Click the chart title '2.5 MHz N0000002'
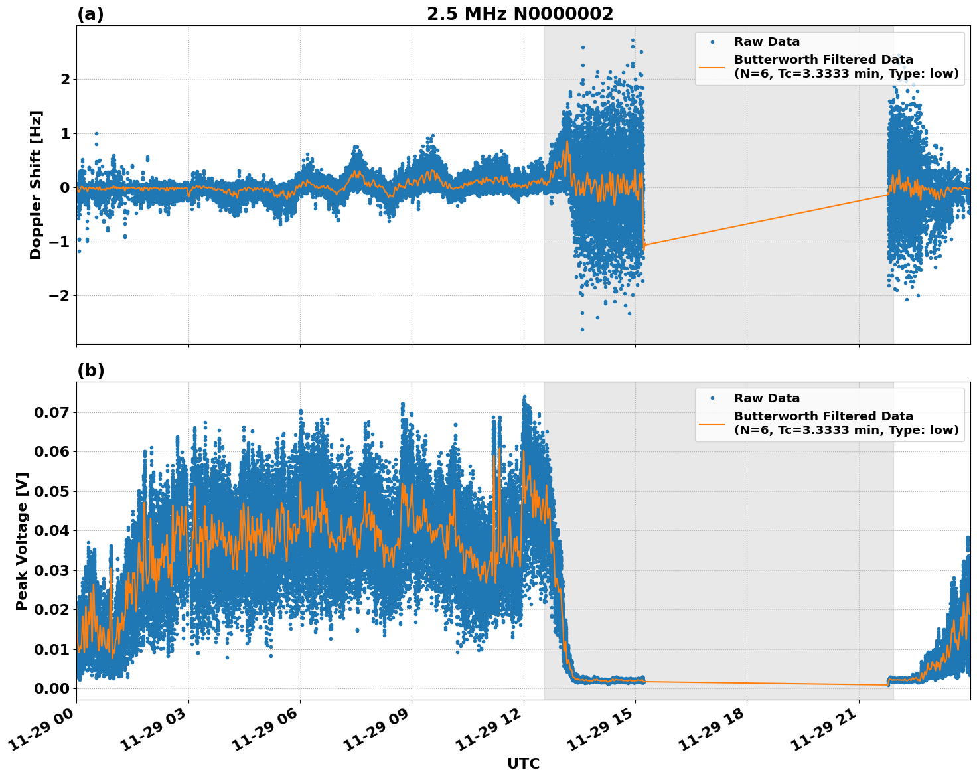(x=520, y=14)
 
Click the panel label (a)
(x=90, y=14)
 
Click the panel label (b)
(x=90, y=370)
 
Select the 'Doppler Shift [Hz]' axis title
(x=36, y=185)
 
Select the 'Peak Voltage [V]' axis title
(x=22, y=541)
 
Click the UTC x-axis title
(x=523, y=763)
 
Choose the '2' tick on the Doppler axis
(x=65, y=80)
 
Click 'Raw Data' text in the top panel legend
(x=767, y=42)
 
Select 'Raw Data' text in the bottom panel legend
(x=767, y=398)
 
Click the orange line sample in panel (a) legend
(x=712, y=67)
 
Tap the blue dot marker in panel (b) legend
(x=712, y=398)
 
